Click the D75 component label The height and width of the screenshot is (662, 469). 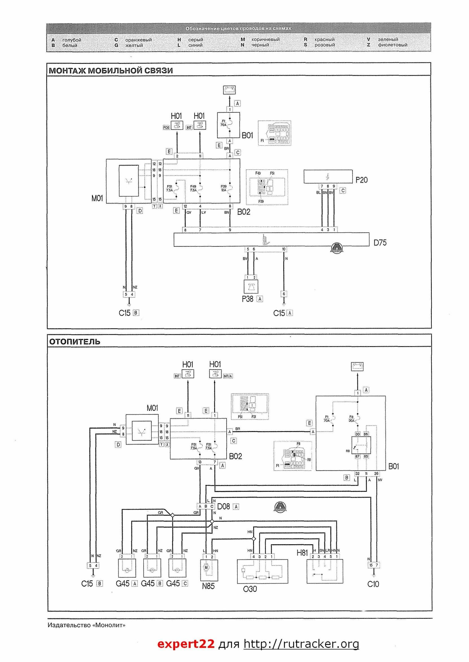(380, 243)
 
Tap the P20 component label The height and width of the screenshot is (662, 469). (361, 180)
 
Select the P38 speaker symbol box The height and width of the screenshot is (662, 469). (251, 287)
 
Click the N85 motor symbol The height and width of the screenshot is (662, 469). (206, 567)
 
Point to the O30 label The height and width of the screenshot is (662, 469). (250, 589)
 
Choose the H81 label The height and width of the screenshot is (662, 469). (302, 553)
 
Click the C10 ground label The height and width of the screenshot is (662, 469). (373, 584)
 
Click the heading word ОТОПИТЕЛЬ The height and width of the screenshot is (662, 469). (74, 342)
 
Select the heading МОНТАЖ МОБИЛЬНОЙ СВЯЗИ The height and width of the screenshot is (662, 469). (111, 71)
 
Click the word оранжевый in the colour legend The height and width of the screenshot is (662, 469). (138, 40)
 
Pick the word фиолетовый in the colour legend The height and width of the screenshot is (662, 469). (393, 45)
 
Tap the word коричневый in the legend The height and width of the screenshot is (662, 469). (266, 40)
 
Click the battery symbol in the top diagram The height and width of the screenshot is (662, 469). (229, 89)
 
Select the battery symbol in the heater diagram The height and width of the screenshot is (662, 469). (357, 366)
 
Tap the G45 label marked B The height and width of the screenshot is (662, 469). (148, 584)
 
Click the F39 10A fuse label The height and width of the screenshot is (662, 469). (224, 188)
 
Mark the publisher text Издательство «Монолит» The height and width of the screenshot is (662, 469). (87, 625)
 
